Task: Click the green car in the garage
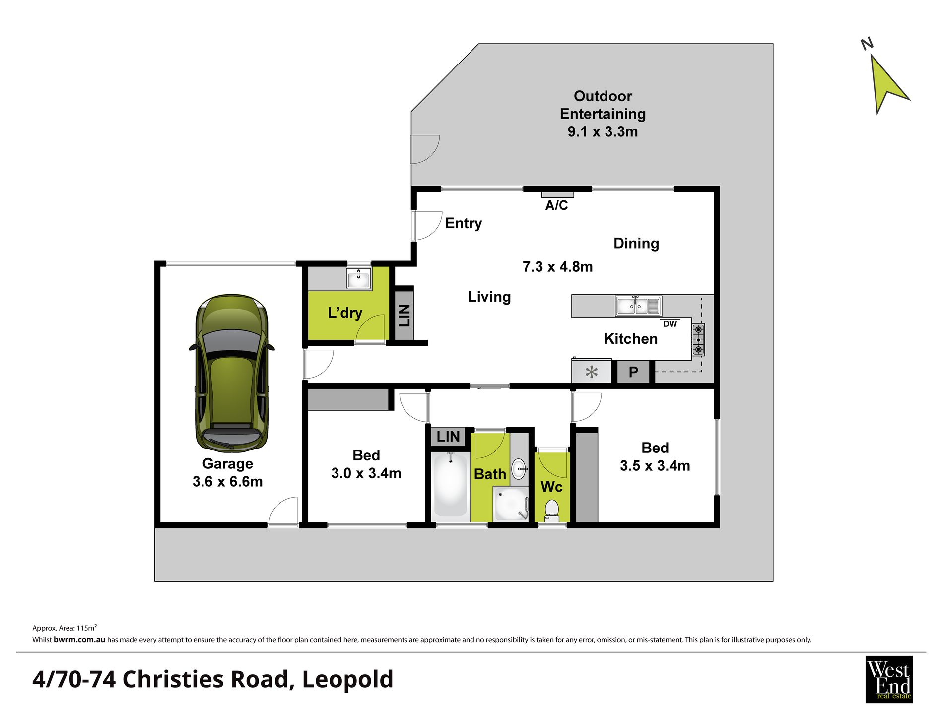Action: pyautogui.click(x=232, y=373)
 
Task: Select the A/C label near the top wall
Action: pyautogui.click(x=556, y=205)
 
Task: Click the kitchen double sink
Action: pyautogui.click(x=638, y=306)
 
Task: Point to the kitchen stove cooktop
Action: pyautogui.click(x=698, y=339)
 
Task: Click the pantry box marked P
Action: pyautogui.click(x=633, y=372)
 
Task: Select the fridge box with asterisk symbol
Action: pyautogui.click(x=591, y=372)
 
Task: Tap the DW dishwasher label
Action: pyautogui.click(x=670, y=324)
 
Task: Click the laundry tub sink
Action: pyautogui.click(x=358, y=279)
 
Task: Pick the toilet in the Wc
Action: pyautogui.click(x=552, y=510)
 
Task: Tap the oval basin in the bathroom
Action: pyautogui.click(x=519, y=468)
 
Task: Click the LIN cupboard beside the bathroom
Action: pyautogui.click(x=448, y=437)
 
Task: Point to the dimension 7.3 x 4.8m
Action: pyautogui.click(x=557, y=267)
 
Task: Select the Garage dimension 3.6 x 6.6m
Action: pyautogui.click(x=227, y=482)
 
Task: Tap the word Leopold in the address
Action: pyautogui.click(x=347, y=680)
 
